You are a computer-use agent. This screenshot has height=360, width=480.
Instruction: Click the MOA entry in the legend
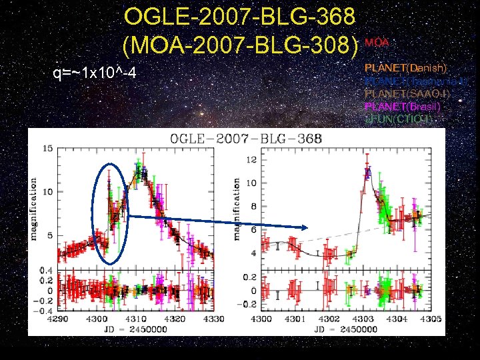(x=377, y=43)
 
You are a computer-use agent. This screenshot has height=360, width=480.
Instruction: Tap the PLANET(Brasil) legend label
(x=401, y=106)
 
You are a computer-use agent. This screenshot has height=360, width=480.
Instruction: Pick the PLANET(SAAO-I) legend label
(x=405, y=93)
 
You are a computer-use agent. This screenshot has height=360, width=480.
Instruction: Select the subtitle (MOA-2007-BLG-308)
(x=241, y=45)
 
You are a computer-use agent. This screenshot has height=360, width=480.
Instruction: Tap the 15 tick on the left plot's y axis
(x=47, y=148)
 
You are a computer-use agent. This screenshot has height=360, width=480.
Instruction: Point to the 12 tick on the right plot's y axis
(x=251, y=160)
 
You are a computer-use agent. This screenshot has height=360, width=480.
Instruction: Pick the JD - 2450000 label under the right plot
(x=346, y=329)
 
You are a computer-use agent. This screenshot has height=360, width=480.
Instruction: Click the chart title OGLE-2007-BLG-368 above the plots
(x=247, y=139)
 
